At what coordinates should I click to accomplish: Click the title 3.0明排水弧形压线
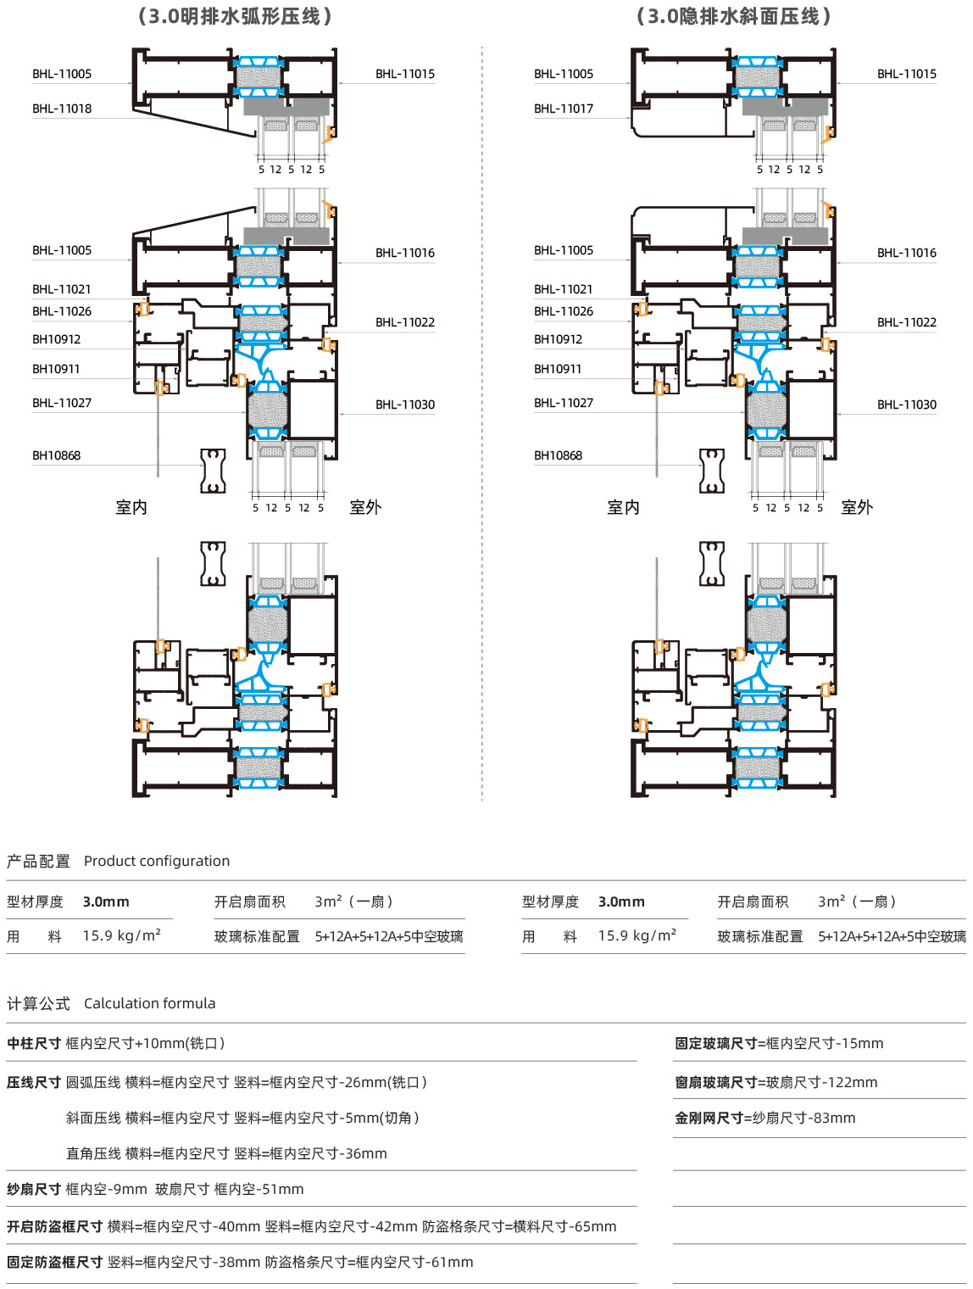235,16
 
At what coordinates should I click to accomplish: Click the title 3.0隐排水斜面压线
734,16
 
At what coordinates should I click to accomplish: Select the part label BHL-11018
62,109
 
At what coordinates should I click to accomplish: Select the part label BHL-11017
564,109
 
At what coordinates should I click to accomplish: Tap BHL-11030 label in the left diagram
405,405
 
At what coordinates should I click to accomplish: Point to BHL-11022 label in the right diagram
907,322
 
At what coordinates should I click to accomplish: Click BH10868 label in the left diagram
56,455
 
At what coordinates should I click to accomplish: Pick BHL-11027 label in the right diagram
564,403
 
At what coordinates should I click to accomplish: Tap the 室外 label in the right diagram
857,507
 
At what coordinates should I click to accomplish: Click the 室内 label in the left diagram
131,507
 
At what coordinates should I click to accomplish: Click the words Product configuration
157,861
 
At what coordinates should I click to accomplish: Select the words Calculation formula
150,1003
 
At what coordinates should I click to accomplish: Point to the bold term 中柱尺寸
34,1043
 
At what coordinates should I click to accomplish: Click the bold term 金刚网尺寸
709,1118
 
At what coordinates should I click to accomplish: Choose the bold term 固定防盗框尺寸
54,1262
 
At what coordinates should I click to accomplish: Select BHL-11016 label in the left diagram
405,253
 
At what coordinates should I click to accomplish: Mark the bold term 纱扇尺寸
34,1189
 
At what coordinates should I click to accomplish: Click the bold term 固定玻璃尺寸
716,1043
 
